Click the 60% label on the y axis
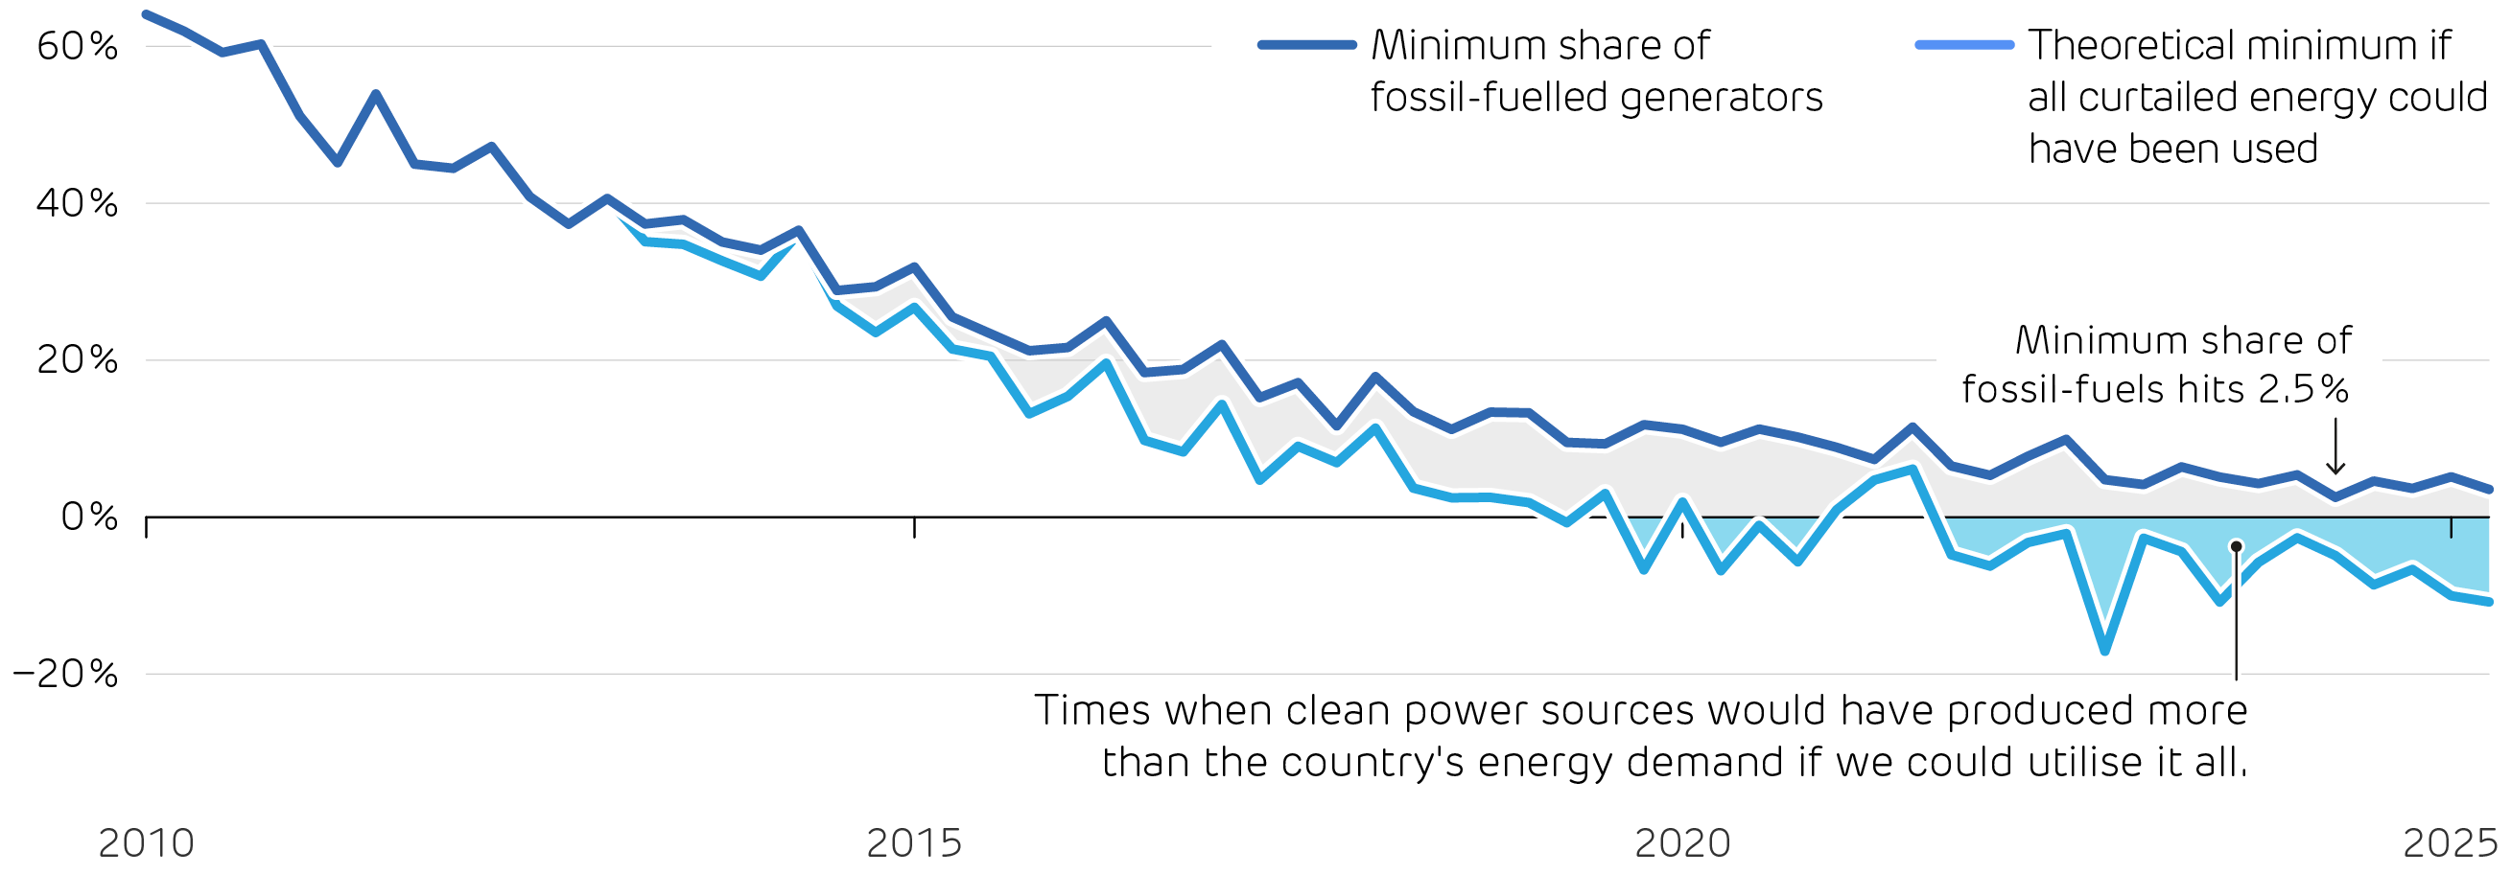(77, 46)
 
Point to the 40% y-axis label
(77, 202)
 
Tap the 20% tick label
(77, 359)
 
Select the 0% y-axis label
(88, 517)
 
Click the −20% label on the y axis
(65, 674)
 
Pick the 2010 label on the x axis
(146, 842)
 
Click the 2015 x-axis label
(914, 842)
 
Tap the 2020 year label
(1682, 842)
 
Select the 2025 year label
(2451, 842)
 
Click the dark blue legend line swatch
(1307, 45)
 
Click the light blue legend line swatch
(1964, 45)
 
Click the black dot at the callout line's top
(2236, 546)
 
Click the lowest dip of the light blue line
(2104, 651)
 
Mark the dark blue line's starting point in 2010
(146, 14)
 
